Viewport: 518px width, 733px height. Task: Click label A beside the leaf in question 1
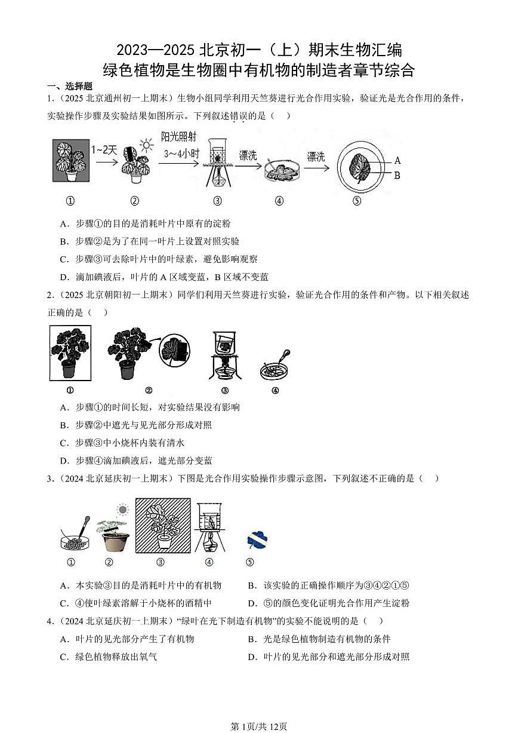point(398,160)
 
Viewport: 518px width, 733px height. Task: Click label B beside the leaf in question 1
point(397,175)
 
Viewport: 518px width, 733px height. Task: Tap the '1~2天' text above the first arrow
point(104,150)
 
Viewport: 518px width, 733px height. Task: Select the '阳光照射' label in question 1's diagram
point(178,137)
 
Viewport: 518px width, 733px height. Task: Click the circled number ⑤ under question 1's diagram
point(357,201)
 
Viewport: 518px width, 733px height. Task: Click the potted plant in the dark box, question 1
point(71,160)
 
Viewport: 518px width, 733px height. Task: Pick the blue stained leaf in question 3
point(257,540)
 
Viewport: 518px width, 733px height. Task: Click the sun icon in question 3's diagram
point(123,510)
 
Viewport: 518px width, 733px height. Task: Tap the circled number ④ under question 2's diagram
point(275,391)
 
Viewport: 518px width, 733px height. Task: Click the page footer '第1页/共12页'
point(259,726)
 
